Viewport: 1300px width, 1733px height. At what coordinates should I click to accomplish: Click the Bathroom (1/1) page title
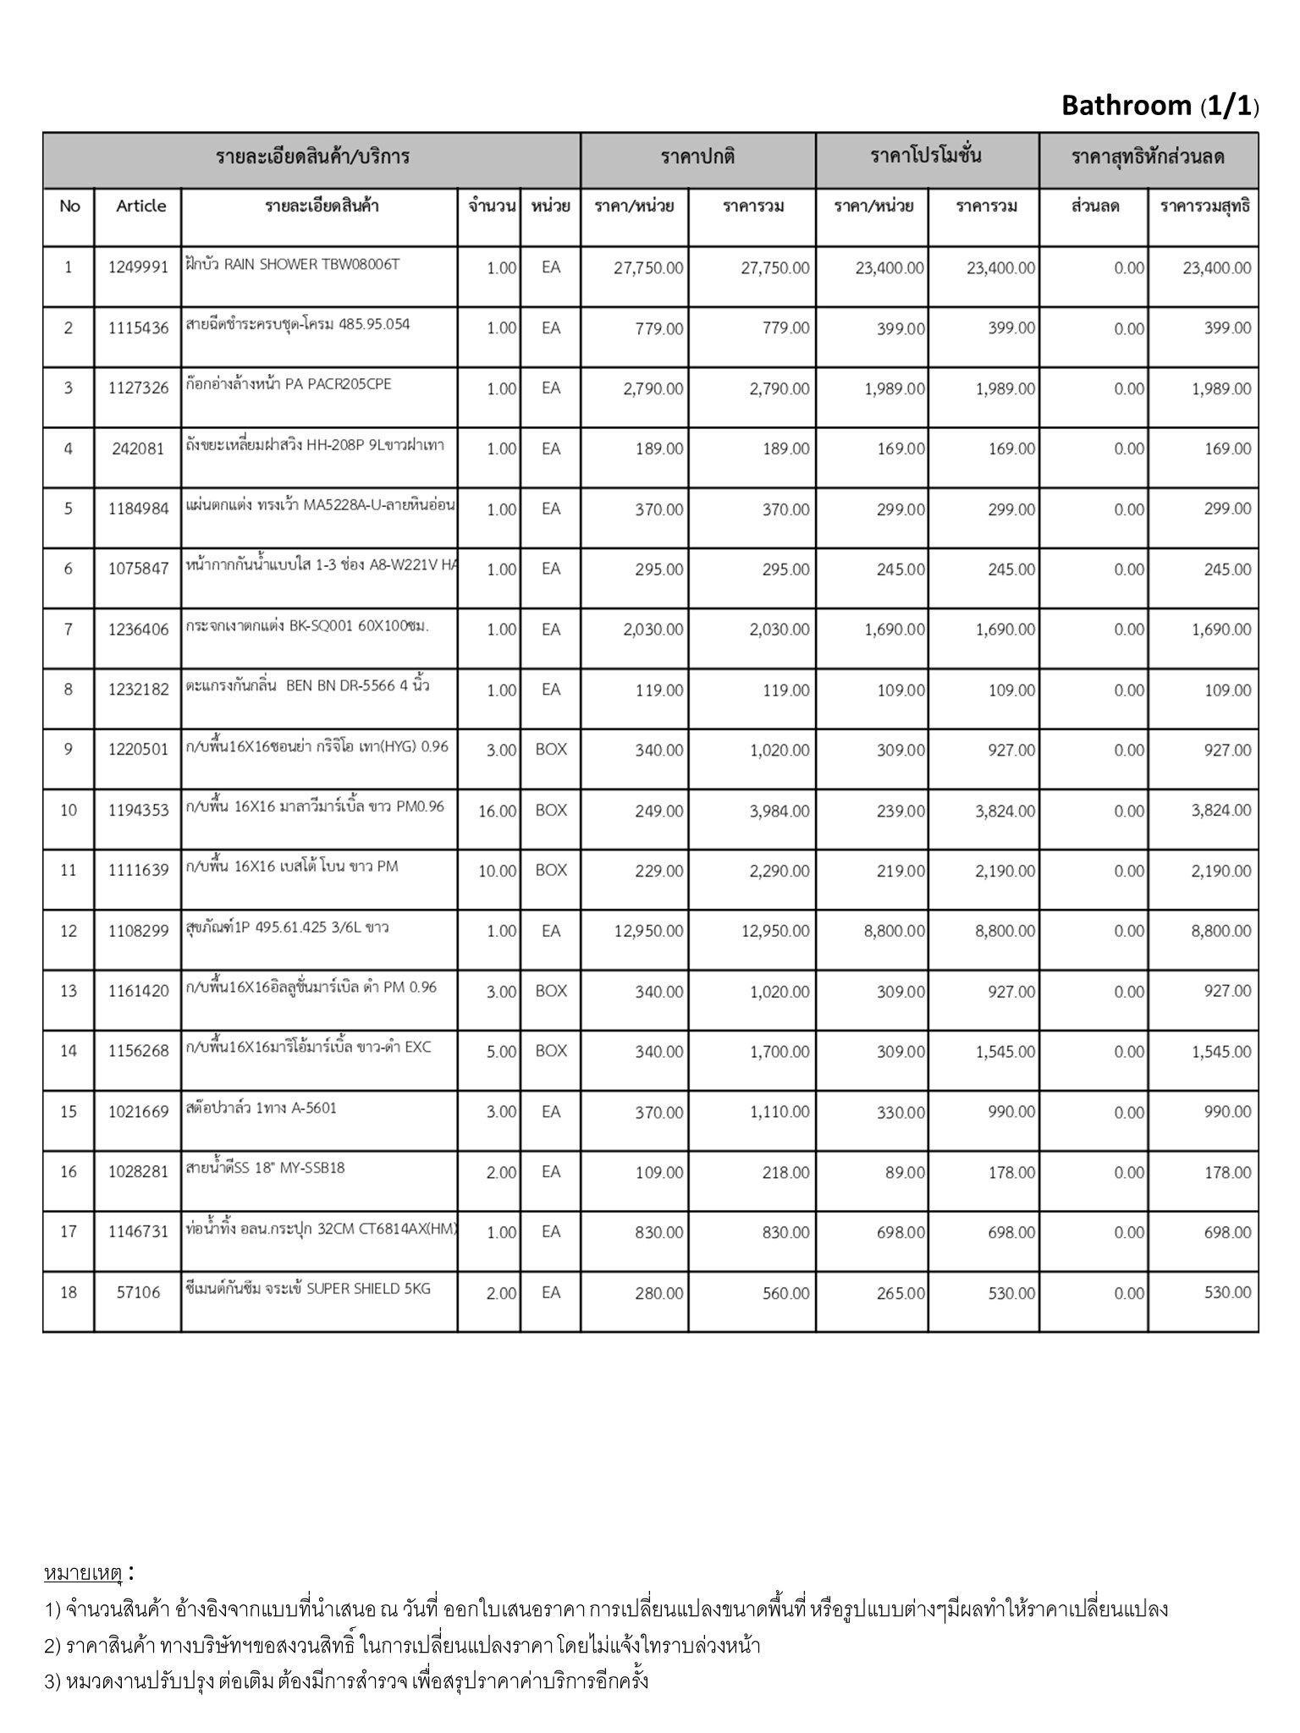1160,106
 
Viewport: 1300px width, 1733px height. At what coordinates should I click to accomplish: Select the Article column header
140,206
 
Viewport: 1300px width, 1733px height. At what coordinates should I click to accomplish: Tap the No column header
69,206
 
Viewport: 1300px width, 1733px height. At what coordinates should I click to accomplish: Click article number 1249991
139,268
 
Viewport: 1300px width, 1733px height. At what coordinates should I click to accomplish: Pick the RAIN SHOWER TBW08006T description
292,264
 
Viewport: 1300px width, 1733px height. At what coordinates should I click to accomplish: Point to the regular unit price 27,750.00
648,268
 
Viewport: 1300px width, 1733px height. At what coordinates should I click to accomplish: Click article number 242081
138,449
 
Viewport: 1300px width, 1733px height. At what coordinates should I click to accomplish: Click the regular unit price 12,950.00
648,932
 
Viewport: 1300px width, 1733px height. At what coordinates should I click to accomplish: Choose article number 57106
138,1293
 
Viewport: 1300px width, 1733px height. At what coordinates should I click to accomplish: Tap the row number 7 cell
69,630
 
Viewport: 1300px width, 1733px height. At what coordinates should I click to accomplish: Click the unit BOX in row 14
551,1051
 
